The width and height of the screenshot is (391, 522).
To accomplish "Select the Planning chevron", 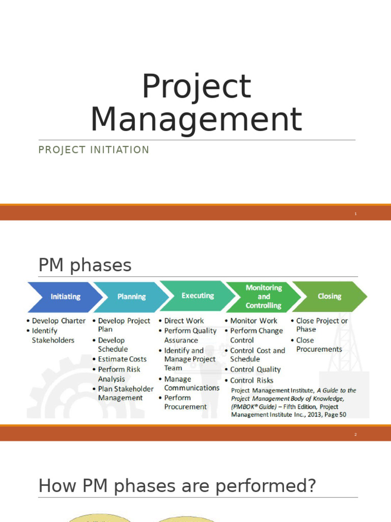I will pyautogui.click(x=131, y=297).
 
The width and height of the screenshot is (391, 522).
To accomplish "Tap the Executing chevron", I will pyautogui.click(x=198, y=296).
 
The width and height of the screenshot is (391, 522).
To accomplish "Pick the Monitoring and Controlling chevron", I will pyautogui.click(x=263, y=297).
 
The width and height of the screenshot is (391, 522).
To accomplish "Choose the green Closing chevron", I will pyautogui.click(x=329, y=296).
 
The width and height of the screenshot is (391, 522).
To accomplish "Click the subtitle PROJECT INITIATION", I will pyautogui.click(x=94, y=150).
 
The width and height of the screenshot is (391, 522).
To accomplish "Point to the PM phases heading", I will pyautogui.click(x=85, y=265).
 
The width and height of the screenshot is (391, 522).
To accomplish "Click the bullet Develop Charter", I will pyautogui.click(x=59, y=321).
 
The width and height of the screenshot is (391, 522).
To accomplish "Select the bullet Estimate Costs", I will pyautogui.click(x=122, y=359).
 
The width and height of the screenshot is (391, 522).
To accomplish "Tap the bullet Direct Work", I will pyautogui.click(x=184, y=321).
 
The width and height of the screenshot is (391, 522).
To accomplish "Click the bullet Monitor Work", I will pyautogui.click(x=254, y=321).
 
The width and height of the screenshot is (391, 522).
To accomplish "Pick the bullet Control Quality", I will pyautogui.click(x=255, y=370).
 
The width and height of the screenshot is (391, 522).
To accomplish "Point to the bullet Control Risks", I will pyautogui.click(x=252, y=380).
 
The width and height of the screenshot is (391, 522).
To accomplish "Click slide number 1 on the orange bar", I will pyautogui.click(x=356, y=214).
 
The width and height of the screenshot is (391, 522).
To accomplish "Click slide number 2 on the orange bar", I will pyautogui.click(x=356, y=435).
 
